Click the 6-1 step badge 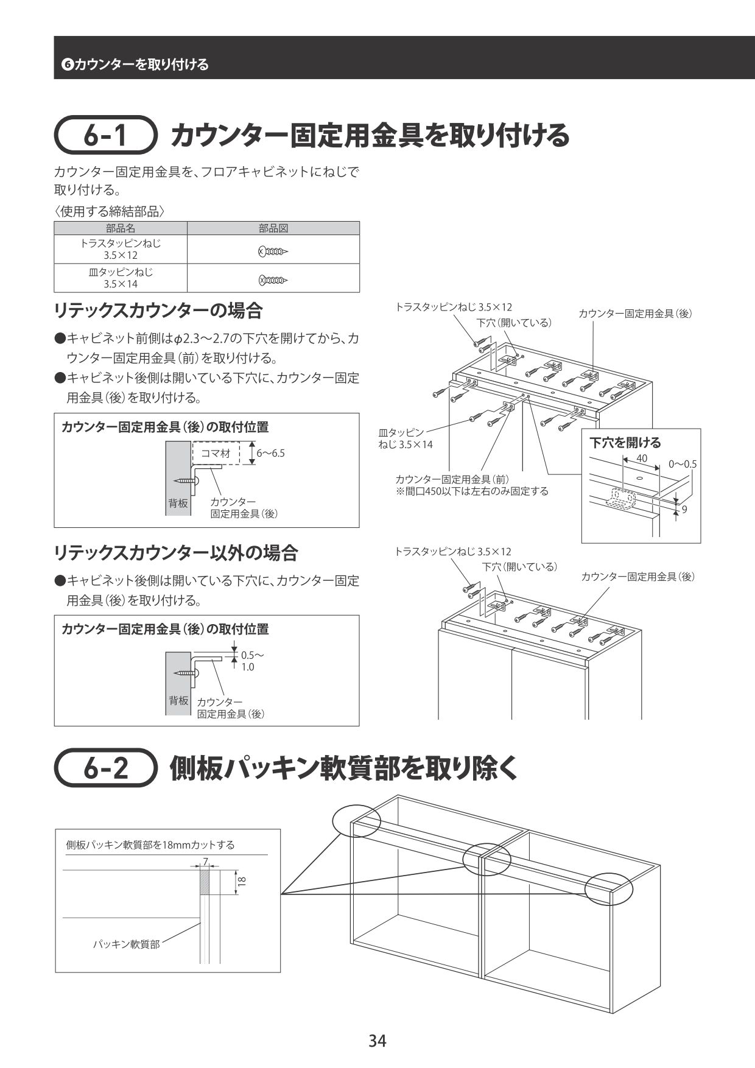[105, 136]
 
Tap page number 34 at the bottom [377, 1041]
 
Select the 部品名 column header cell [121, 228]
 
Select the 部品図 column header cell [273, 228]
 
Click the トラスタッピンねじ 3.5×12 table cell [121, 249]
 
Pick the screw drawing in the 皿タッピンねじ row [273, 280]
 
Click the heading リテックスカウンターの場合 [158, 311]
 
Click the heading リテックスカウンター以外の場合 [176, 553]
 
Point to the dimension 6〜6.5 [270, 453]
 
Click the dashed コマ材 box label [216, 453]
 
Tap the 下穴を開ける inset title [625, 443]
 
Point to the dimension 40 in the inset [642, 458]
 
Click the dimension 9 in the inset [684, 509]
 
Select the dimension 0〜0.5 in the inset [682, 464]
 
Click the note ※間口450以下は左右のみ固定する [472, 491]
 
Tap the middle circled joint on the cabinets [486, 859]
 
